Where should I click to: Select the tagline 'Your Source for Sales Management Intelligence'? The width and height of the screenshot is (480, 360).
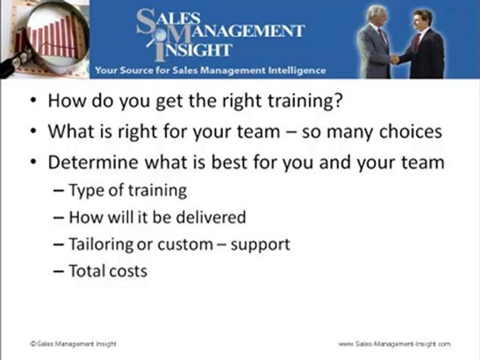coord(210,70)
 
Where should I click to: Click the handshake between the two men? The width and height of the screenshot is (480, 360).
coord(395,58)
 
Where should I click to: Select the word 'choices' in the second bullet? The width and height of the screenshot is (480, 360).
coord(410,131)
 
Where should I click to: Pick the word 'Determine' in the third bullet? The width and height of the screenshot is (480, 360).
coord(93,162)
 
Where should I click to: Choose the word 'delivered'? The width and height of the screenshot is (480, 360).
coord(211,217)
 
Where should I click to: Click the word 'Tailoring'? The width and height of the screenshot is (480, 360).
coord(101,245)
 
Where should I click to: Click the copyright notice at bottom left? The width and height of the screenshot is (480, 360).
coord(73,344)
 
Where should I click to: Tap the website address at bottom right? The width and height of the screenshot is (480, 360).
coord(394,344)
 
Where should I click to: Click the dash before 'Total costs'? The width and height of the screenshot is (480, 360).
coord(58,271)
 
